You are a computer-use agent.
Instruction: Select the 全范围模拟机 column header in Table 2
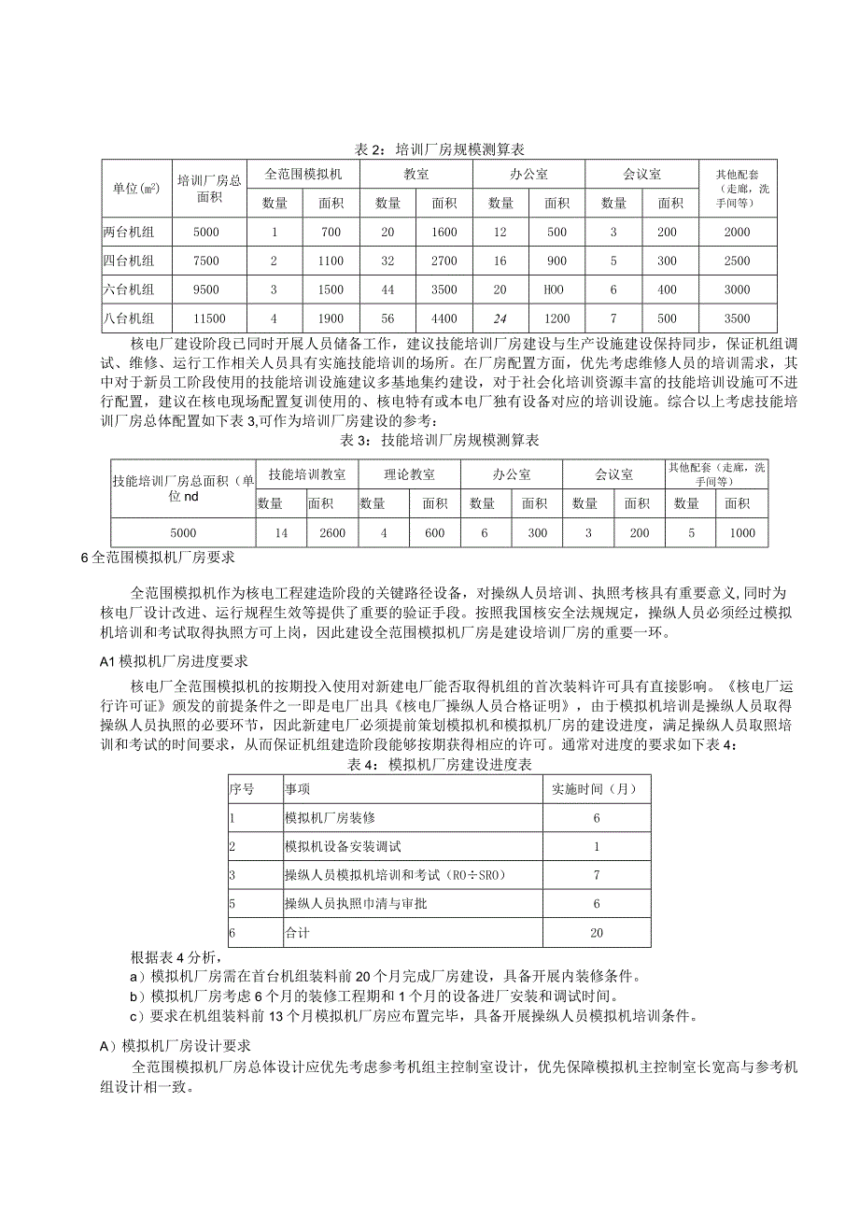[x=304, y=174]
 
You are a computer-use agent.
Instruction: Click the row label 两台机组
[x=129, y=232]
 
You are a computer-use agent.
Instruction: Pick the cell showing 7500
[x=206, y=261]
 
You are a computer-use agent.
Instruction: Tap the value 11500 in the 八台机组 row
[x=206, y=318]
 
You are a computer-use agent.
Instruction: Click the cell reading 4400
[x=444, y=318]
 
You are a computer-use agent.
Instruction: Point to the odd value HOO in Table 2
[x=556, y=290]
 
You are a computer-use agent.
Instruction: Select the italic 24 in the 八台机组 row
[x=501, y=318]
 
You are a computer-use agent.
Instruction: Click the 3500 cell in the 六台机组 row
[x=444, y=290]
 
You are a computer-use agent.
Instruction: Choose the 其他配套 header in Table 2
[x=738, y=187]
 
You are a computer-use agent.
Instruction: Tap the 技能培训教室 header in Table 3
[x=306, y=475]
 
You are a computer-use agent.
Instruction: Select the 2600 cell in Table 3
[x=332, y=533]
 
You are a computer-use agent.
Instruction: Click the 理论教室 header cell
[x=408, y=475]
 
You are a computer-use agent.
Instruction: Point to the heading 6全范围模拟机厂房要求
[x=158, y=558]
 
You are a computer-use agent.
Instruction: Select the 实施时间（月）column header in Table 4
[x=596, y=789]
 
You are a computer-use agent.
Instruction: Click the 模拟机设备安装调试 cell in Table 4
[x=343, y=847]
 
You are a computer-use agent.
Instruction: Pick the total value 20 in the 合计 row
[x=597, y=933]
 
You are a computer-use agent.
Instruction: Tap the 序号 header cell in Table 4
[x=242, y=789]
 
